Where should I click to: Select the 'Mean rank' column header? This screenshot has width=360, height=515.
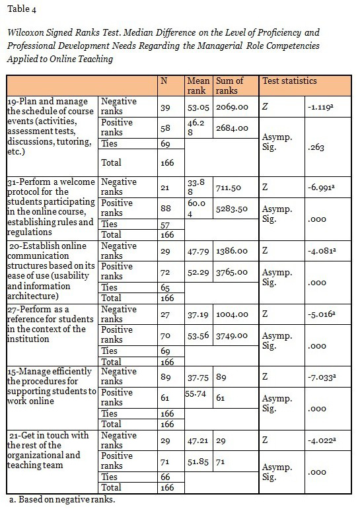coord(198,86)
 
